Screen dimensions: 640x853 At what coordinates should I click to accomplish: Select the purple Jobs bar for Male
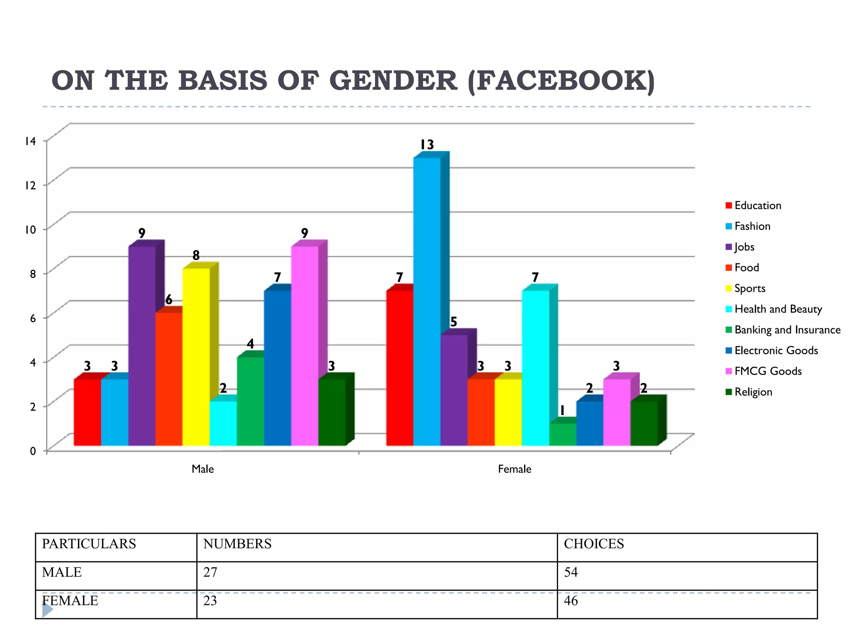[x=142, y=346]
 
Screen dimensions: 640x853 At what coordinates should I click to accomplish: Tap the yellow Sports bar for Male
[x=196, y=357]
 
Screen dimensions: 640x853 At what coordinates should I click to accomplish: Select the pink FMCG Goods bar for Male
[x=304, y=346]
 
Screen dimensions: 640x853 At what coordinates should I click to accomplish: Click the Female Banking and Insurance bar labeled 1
[x=562, y=434]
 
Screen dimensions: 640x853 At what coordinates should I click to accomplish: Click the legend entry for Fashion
[x=752, y=226]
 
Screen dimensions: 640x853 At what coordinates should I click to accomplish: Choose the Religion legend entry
[x=753, y=392]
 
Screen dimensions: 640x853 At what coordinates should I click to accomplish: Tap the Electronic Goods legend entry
[x=776, y=350]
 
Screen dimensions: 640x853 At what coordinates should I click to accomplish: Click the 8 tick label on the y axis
[x=32, y=274]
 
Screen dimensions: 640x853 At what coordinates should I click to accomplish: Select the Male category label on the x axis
[x=202, y=469]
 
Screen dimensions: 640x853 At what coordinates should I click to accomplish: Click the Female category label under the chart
[x=514, y=469]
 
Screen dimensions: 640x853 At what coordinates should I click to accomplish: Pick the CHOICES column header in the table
[x=594, y=544]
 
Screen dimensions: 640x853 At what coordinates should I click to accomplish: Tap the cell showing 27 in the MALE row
[x=210, y=572]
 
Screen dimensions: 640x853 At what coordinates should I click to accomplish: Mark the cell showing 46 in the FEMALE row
[x=571, y=601]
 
